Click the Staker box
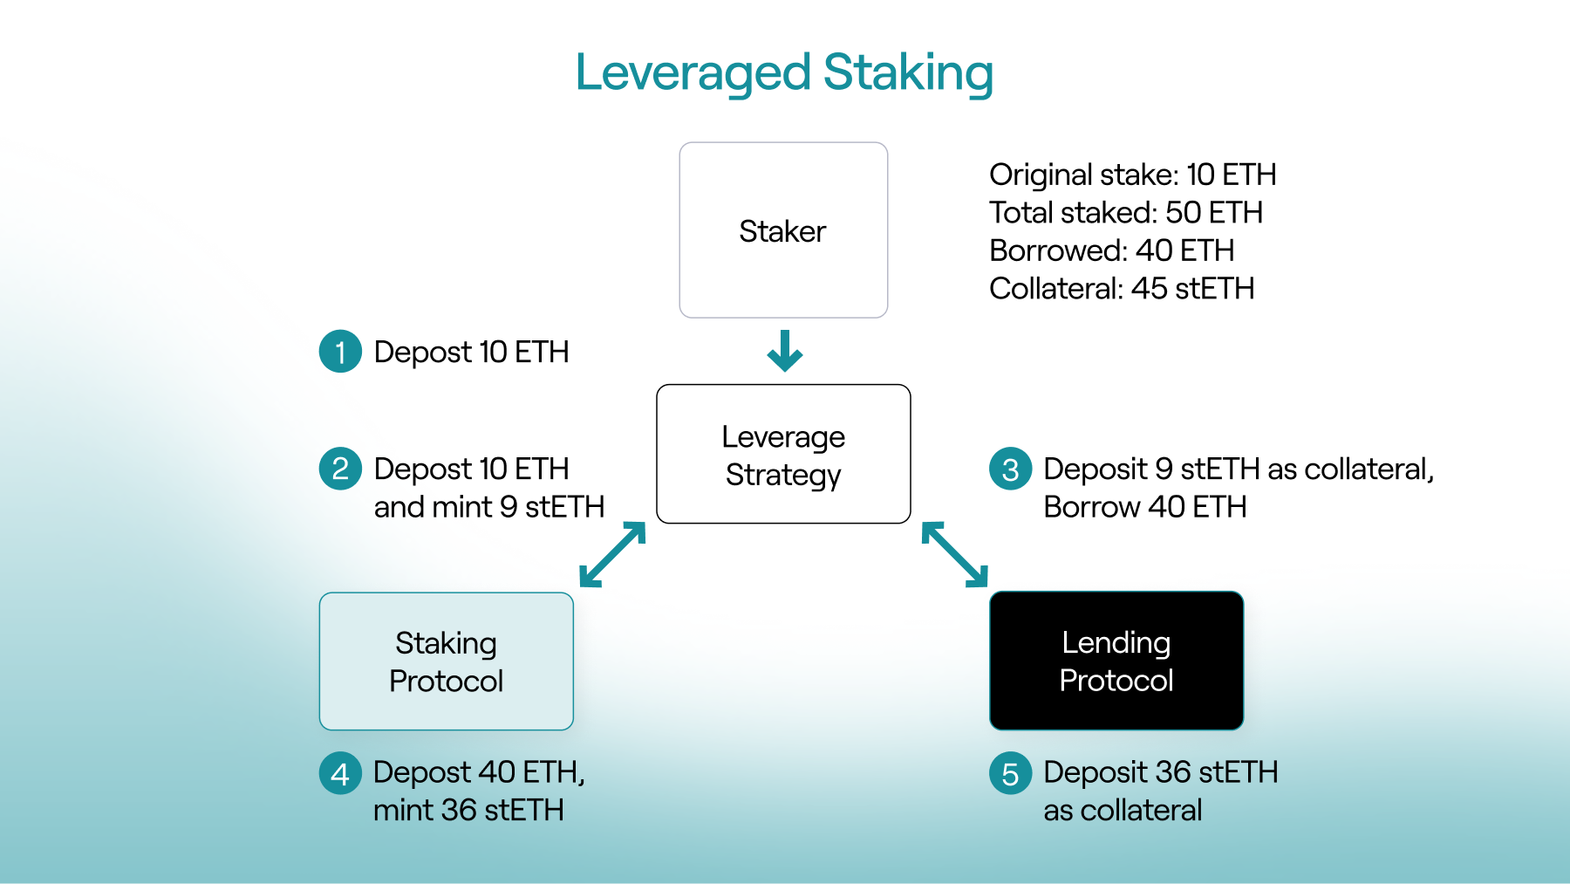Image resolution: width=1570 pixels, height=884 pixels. [x=783, y=230]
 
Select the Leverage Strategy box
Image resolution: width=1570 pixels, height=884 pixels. [x=783, y=454]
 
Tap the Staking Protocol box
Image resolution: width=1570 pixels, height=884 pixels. [x=446, y=661]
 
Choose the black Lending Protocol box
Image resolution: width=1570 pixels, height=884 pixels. [x=1116, y=661]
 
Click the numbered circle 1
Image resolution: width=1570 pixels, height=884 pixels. [x=340, y=352]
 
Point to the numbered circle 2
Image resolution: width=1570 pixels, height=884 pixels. [x=340, y=469]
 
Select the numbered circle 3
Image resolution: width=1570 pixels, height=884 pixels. [x=1010, y=469]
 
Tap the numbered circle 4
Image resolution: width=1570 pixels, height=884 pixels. [x=340, y=773]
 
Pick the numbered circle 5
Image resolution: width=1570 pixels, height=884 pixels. [x=1010, y=773]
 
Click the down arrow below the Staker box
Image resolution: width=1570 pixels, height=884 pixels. [x=784, y=351]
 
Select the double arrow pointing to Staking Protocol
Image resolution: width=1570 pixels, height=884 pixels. [x=612, y=554]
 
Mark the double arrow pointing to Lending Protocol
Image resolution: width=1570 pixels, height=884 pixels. [x=955, y=554]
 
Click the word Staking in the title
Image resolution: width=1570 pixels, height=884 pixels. [x=908, y=72]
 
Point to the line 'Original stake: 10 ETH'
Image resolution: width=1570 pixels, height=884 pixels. [x=1132, y=175]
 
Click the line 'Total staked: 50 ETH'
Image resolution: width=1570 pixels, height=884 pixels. [x=1125, y=212]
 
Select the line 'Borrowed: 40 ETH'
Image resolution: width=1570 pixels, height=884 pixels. [x=1111, y=250]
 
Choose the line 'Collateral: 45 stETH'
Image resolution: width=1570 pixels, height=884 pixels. [x=1121, y=288]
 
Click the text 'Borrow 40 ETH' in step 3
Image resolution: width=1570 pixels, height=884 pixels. [x=1144, y=506]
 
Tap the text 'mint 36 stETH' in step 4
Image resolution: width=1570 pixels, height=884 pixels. [x=468, y=810]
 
